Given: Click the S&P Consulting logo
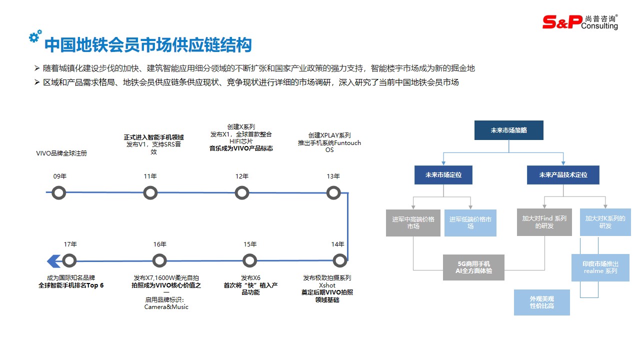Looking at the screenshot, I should tap(580, 21).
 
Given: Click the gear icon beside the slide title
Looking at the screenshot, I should tap(35, 36).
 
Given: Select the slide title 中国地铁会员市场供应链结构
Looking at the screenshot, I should tap(148, 45).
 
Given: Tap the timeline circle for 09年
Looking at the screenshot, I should tap(59, 192).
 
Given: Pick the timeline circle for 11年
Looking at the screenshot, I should tap(150, 192).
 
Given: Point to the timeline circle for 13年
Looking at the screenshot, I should tap(333, 192).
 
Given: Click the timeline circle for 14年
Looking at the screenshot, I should tap(339, 260).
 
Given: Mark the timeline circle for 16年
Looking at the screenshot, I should tap(159, 260).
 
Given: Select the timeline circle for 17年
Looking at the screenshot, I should tap(69, 260).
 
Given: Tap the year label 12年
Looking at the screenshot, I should tap(242, 176).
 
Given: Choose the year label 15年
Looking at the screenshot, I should tap(250, 244).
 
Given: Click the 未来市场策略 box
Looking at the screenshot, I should tap(508, 130).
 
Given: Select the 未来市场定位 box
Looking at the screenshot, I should tap(443, 175).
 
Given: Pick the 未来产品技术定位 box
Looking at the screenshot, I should tap(563, 175).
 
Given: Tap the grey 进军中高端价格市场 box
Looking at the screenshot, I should tap(413, 223).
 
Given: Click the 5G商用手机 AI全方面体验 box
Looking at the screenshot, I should tap(474, 267).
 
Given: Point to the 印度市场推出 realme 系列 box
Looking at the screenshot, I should tap(600, 267).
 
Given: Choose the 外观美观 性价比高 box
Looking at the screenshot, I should tap(542, 302).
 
